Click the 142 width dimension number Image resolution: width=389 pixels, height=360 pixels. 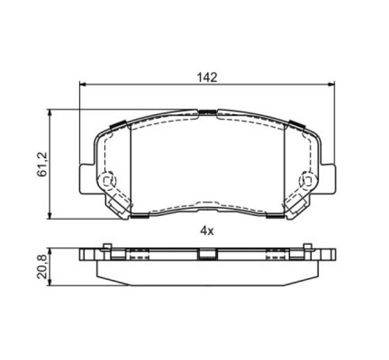207,78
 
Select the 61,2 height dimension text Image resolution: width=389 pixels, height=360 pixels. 42,164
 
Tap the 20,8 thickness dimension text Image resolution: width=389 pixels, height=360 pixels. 42,267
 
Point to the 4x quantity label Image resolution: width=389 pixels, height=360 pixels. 207,231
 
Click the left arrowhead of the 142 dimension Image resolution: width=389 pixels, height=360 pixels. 82,85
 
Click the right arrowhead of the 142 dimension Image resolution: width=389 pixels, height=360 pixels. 331,85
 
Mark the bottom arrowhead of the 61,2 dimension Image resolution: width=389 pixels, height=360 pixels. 50,216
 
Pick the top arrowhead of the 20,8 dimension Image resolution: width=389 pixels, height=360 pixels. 50,251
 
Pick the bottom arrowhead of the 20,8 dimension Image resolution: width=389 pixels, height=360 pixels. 50,283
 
